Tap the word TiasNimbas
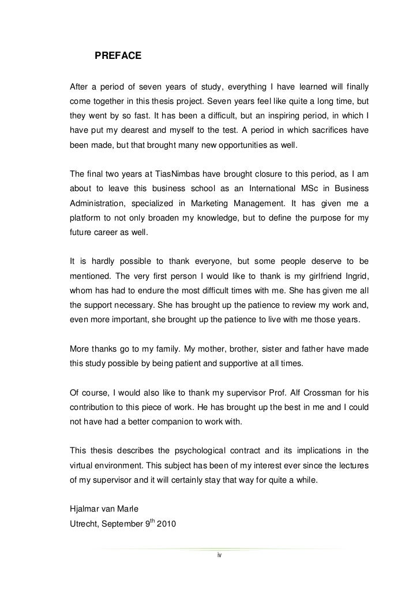[x=177, y=173]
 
